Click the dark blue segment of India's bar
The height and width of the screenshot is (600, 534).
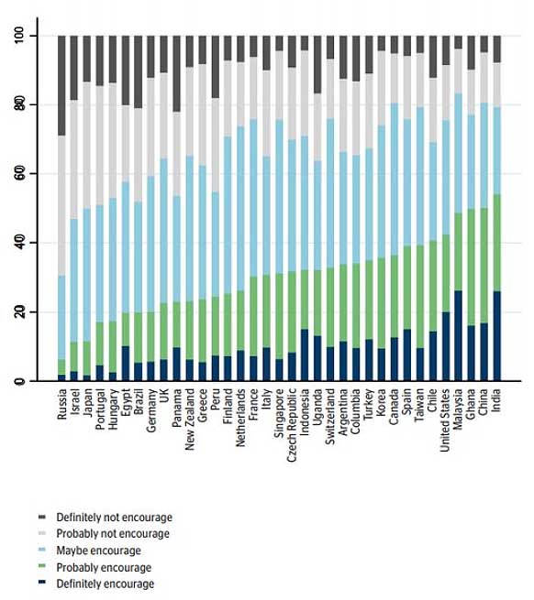(x=496, y=336)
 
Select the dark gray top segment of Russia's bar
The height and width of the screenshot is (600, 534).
(x=61, y=86)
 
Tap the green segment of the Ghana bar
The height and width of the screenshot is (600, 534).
(x=471, y=267)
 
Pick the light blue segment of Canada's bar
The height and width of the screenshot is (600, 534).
(x=395, y=179)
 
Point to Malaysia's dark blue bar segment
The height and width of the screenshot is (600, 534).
(x=458, y=335)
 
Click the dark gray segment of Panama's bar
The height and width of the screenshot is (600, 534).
(x=177, y=74)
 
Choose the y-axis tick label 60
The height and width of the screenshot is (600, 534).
(x=20, y=174)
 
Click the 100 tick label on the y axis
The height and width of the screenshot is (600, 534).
(x=20, y=36)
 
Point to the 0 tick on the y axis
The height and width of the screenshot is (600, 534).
(x=20, y=381)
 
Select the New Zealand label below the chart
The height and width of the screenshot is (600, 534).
(x=189, y=420)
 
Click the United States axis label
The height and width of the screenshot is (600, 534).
(x=445, y=420)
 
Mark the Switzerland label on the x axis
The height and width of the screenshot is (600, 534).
(x=330, y=417)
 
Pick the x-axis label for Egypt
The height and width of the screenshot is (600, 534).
(x=126, y=402)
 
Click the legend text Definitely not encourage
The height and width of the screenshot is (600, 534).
(x=115, y=518)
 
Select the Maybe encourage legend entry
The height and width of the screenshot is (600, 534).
(x=98, y=551)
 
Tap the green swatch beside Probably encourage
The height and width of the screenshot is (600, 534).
(x=42, y=566)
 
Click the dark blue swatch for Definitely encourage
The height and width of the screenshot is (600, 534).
(x=42, y=583)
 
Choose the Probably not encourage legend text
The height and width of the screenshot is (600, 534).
(x=113, y=534)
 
